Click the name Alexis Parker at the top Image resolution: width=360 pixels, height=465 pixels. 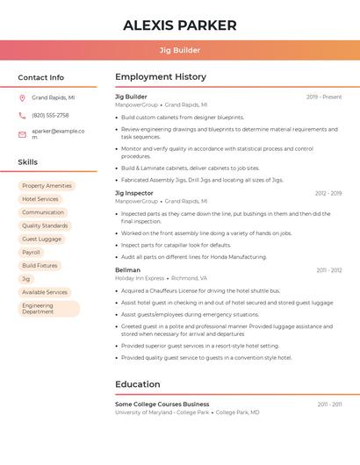coord(180,25)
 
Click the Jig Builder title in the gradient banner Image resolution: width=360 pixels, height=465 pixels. coord(179,50)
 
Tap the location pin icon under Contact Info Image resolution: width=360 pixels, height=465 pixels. coord(22,98)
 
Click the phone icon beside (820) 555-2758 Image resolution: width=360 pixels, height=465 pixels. coord(22,116)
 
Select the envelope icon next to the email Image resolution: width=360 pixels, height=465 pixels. coord(22,134)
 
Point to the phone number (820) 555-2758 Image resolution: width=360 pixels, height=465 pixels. coord(50,116)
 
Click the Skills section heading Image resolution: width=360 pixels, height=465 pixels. coord(28,162)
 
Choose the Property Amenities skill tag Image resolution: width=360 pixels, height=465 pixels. coord(47,186)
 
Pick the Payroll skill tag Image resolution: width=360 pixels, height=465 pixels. coord(31,252)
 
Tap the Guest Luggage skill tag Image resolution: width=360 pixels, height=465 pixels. coord(41,239)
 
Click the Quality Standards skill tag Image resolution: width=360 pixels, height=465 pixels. coord(45,225)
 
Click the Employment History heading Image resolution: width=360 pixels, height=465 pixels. coord(161,77)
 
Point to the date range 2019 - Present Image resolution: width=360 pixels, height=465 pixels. coord(324,97)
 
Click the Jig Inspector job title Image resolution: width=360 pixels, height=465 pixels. coord(134,193)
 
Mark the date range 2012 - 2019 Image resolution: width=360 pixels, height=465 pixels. coord(328,193)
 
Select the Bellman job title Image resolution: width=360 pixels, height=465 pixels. coord(127,270)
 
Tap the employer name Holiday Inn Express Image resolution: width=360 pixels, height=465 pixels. coord(140,278)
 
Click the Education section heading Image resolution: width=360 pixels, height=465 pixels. coord(139,384)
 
